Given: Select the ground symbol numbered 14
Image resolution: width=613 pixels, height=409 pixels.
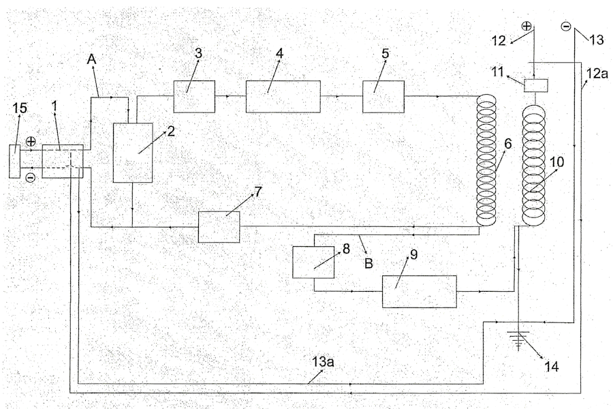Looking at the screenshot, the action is click(x=518, y=339).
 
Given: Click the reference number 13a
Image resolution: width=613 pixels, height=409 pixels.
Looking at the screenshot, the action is click(x=323, y=362).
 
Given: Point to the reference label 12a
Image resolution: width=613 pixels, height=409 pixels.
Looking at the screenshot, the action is click(x=597, y=73).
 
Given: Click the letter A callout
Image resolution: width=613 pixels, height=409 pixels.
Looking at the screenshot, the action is click(x=91, y=59).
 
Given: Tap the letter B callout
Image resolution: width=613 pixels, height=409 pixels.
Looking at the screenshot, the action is click(x=368, y=263).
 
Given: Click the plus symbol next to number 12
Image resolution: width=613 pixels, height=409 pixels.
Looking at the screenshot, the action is click(x=526, y=27).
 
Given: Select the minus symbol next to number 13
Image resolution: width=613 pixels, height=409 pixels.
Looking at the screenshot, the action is click(x=566, y=27).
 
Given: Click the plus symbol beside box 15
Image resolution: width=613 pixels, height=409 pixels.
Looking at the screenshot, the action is click(x=31, y=141).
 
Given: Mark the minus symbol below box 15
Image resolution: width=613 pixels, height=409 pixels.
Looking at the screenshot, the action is click(x=31, y=178).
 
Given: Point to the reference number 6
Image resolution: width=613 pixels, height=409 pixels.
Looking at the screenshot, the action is click(x=508, y=144).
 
